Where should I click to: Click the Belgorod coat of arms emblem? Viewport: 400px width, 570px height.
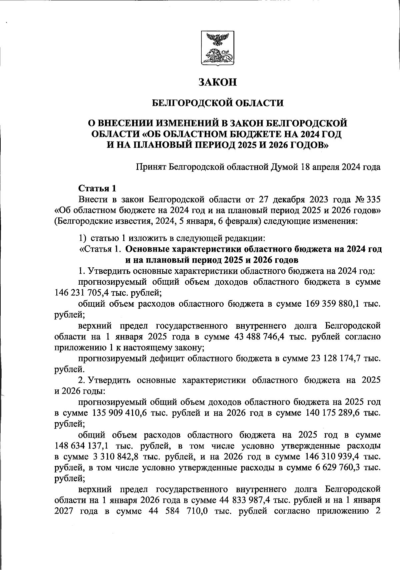(217, 48)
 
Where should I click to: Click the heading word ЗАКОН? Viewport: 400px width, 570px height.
(217, 82)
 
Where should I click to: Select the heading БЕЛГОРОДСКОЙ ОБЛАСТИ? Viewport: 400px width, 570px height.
(217, 103)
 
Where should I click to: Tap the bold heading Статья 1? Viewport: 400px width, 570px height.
(97, 189)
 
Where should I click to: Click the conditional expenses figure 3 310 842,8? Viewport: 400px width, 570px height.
(114, 457)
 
